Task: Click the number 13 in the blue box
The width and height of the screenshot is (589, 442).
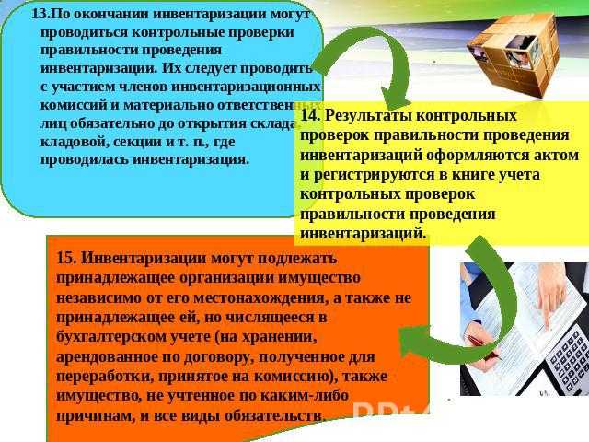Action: click(x=39, y=16)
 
